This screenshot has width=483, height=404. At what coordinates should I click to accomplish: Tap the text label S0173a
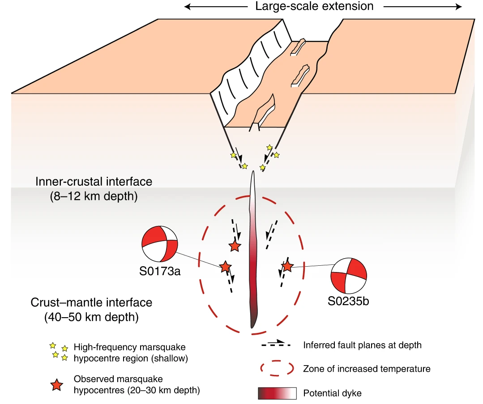pyautogui.click(x=160, y=271)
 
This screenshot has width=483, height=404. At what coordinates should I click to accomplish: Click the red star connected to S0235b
pyautogui.click(x=287, y=267)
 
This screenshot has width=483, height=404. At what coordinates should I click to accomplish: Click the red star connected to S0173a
pyautogui.click(x=226, y=267)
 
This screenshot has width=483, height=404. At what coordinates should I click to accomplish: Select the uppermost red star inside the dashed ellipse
pyautogui.click(x=235, y=246)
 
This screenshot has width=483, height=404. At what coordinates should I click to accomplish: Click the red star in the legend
pyautogui.click(x=56, y=384)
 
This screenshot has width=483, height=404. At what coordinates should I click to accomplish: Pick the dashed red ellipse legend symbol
pyautogui.click(x=277, y=368)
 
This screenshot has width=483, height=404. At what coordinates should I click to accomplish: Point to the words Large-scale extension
pyautogui.click(x=314, y=6)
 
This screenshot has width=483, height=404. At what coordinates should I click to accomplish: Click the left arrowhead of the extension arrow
pyautogui.click(x=187, y=7)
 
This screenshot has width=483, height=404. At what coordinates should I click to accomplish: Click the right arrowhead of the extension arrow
pyautogui.click(x=459, y=7)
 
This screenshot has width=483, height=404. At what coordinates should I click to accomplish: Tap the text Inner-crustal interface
pyautogui.click(x=94, y=182)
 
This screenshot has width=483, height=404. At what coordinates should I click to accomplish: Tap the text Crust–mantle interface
pyautogui.click(x=91, y=302)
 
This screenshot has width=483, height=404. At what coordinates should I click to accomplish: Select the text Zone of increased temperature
pyautogui.click(x=367, y=369)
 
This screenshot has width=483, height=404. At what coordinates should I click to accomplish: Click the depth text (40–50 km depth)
pyautogui.click(x=91, y=318)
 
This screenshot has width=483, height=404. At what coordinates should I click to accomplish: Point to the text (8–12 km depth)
pyautogui.click(x=94, y=197)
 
